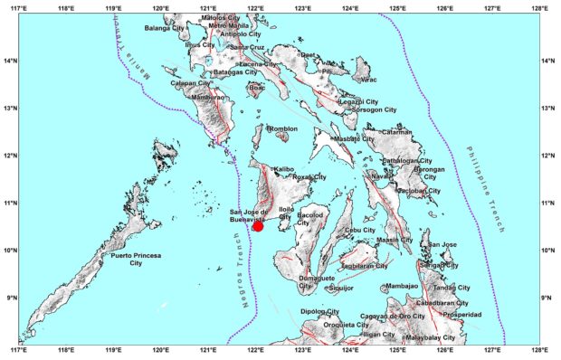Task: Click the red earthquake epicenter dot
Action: pos(258,225)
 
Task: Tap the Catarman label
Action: pos(397,132)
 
